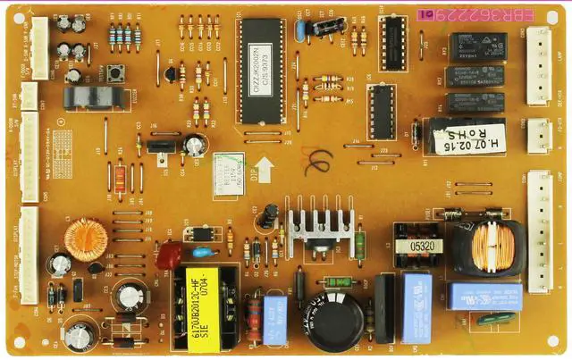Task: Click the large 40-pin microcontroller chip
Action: point(261,71)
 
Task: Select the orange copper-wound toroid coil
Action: point(86,239)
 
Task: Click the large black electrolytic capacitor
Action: point(336,320)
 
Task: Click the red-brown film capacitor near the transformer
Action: point(168,256)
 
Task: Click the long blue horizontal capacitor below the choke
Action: point(484,296)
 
